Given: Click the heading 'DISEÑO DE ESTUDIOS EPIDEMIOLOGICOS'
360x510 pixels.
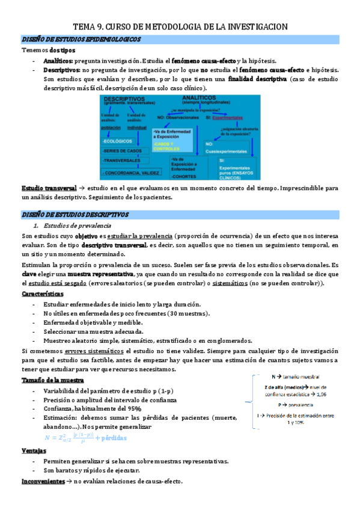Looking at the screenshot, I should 81,40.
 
